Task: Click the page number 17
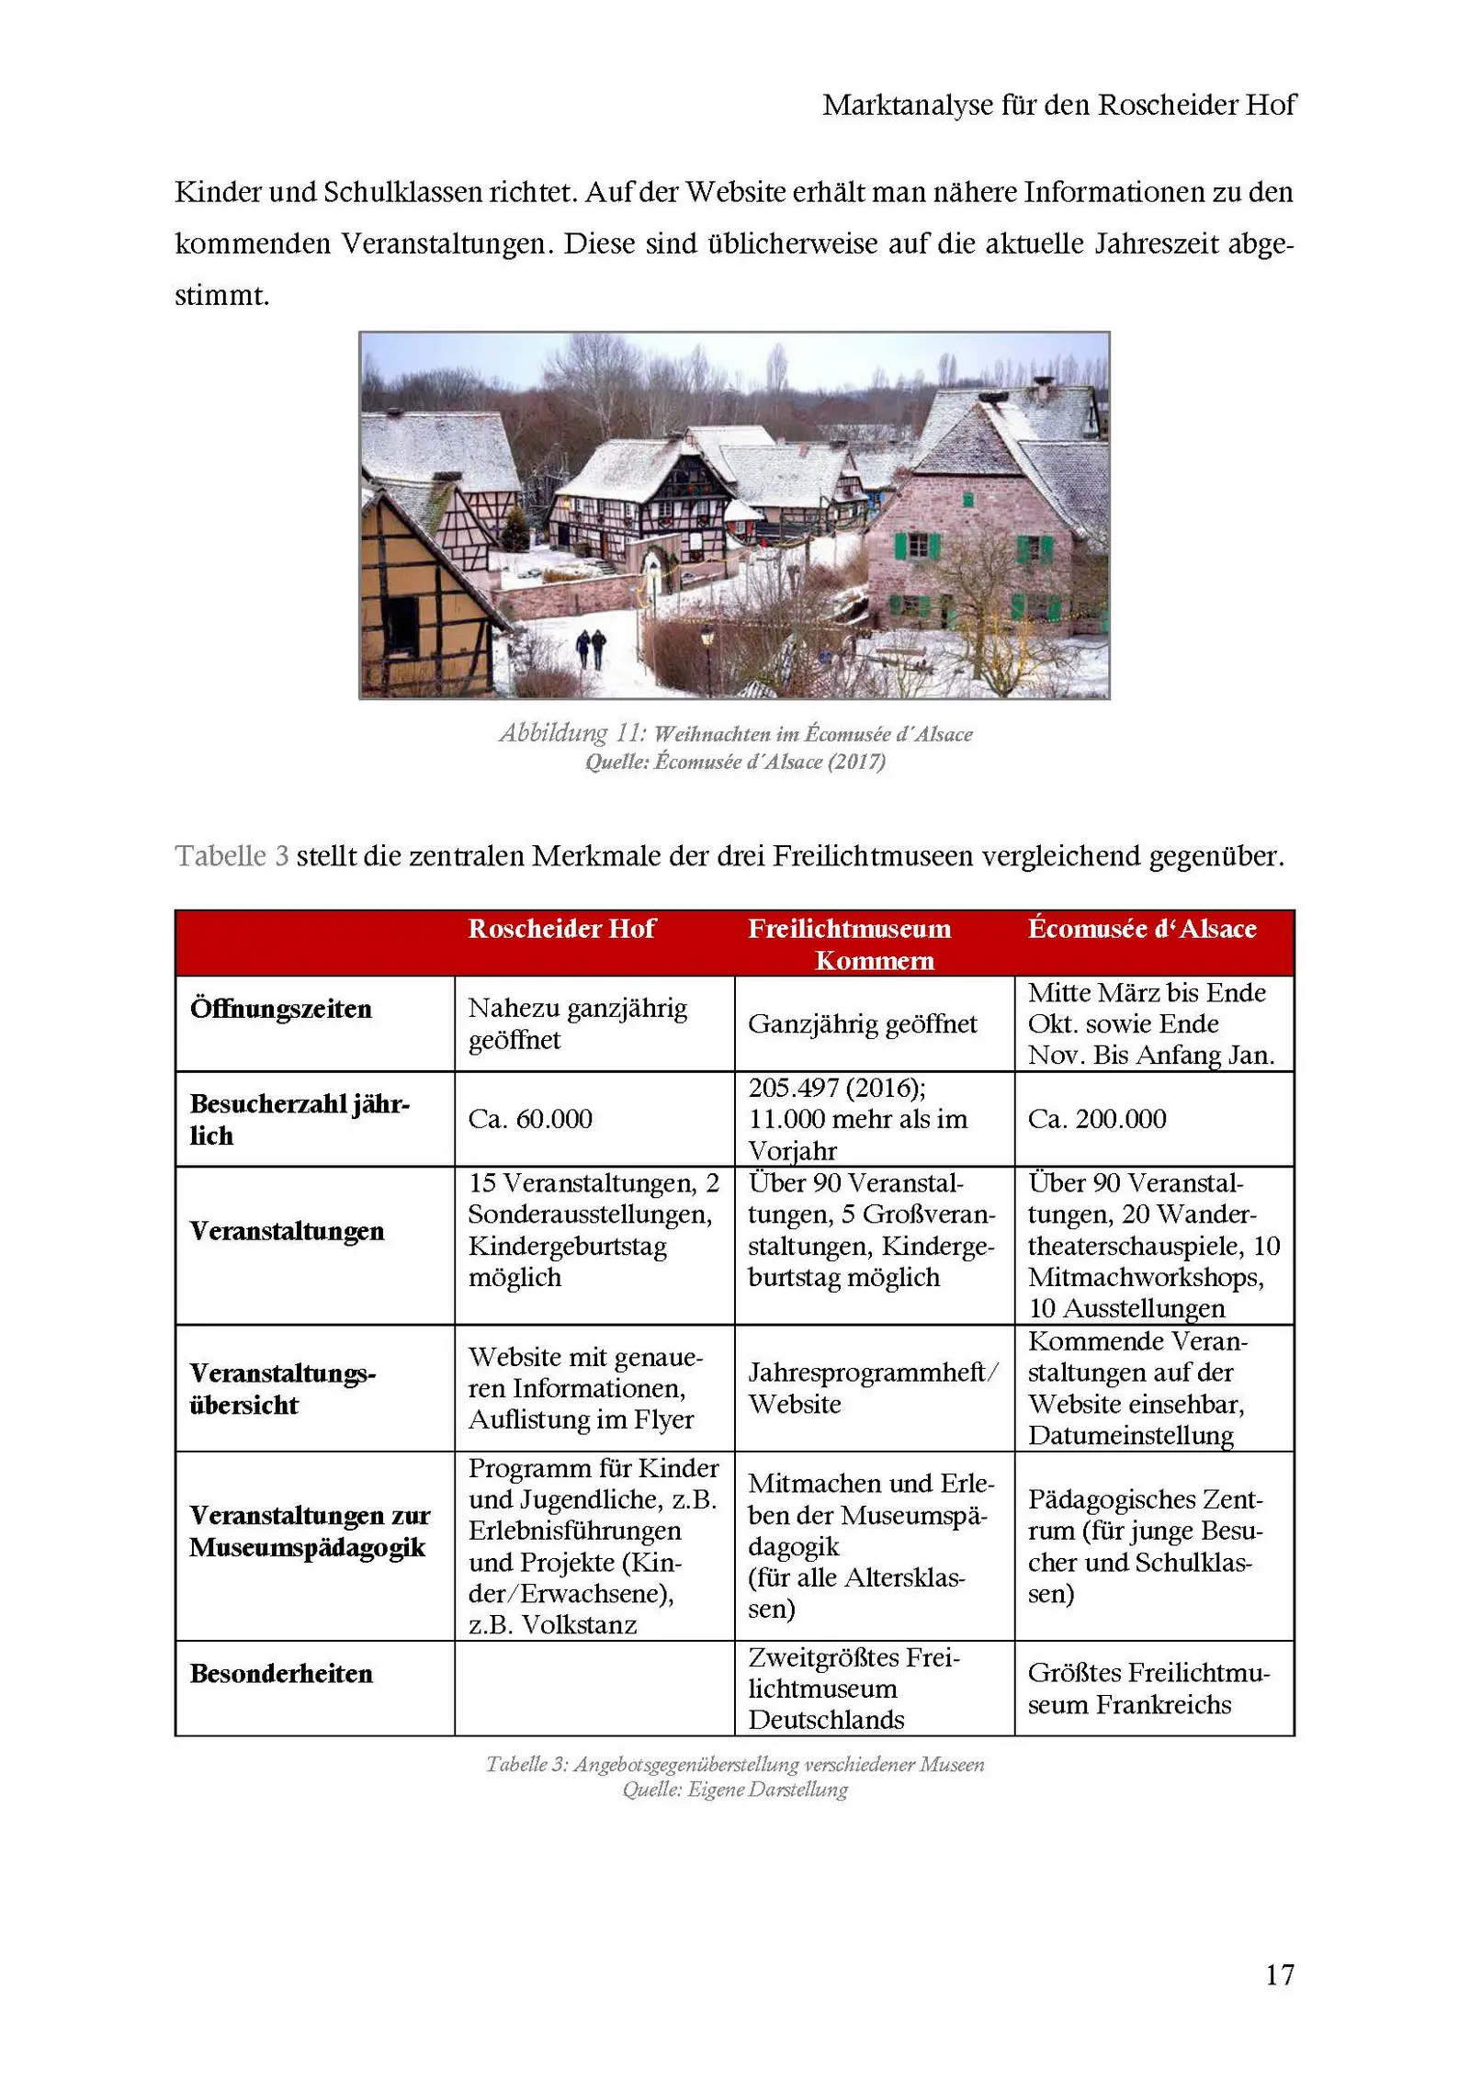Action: click(x=1279, y=1973)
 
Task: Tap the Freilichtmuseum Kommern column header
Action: click(x=874, y=943)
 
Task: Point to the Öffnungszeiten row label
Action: click(x=280, y=1008)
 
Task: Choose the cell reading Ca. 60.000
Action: click(x=530, y=1118)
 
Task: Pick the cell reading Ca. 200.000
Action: click(x=1097, y=1118)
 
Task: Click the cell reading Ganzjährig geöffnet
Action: click(x=862, y=1023)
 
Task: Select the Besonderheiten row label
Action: click(x=281, y=1673)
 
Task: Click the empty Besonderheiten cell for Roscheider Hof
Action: click(x=594, y=1688)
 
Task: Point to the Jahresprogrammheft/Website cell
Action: click(x=873, y=1387)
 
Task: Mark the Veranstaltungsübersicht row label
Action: click(x=283, y=1388)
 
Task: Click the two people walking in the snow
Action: click(x=591, y=648)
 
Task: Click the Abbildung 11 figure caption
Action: click(x=735, y=733)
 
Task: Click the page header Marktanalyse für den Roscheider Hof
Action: click(x=1058, y=105)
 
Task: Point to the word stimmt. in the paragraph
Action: click(x=222, y=295)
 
